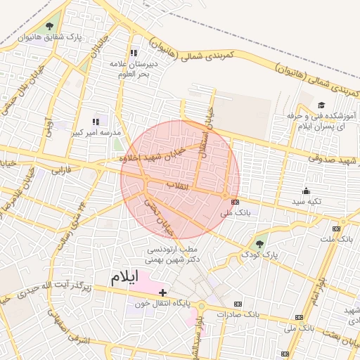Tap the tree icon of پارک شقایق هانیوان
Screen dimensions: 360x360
coord(49,27)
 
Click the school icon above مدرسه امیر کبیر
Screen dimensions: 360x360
coord(96,122)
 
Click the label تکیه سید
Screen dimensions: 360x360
coord(307,201)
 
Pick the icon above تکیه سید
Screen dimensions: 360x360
coord(306,191)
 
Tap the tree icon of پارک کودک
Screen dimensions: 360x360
coord(261,244)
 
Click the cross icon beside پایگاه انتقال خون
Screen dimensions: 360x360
coord(163,292)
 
